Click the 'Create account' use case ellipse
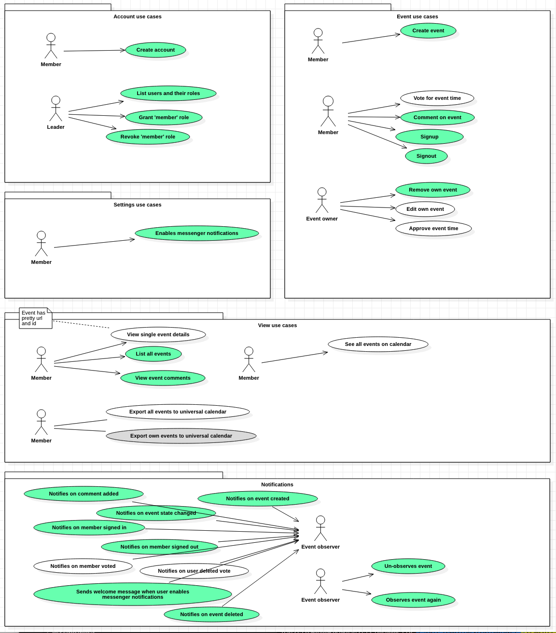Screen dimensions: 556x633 pos(155,50)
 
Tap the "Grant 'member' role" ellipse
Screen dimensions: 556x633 pos(164,118)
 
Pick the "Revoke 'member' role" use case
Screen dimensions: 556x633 pos(148,137)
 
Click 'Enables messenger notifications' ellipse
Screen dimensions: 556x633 pos(197,234)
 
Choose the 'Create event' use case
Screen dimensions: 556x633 pos(428,31)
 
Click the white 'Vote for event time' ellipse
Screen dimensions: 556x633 pos(437,98)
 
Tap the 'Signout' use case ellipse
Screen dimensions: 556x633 pos(426,156)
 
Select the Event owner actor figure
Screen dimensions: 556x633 pos(322,200)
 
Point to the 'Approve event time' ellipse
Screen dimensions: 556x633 pos(433,229)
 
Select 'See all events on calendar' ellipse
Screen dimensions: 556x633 pos(378,344)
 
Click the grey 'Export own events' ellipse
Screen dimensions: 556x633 pos(181,436)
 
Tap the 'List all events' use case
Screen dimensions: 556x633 pos(153,354)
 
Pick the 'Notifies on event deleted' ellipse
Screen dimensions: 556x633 pos(211,615)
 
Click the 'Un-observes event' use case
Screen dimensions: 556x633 pos(408,566)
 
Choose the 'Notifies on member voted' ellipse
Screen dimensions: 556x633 pos(83,566)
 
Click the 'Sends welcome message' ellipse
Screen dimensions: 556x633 pos(133,594)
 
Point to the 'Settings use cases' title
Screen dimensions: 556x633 pos(138,205)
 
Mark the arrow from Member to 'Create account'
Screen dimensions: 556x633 pos(94,51)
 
